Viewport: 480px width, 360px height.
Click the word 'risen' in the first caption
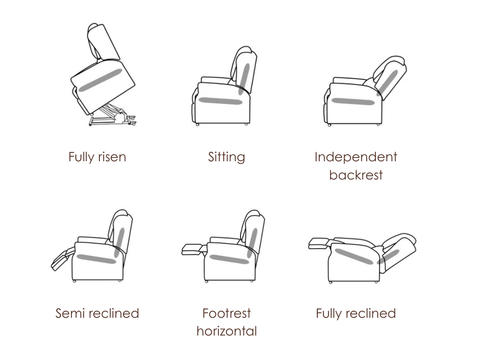coord(112,157)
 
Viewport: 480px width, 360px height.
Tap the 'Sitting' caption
coord(227,157)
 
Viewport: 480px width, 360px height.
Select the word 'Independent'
coord(356,157)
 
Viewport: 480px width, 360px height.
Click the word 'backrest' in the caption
coord(356,175)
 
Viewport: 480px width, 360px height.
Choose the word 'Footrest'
coord(227,313)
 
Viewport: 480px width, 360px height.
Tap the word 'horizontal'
coord(227,331)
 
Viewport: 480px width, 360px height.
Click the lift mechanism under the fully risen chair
coord(112,115)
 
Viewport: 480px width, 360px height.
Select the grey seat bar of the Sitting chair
coord(220,101)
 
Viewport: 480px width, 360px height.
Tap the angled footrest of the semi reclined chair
coord(63,259)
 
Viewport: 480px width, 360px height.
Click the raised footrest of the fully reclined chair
coord(320,243)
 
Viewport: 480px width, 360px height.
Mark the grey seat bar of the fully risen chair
coord(100,80)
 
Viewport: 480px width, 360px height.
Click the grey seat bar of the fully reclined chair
coord(354,256)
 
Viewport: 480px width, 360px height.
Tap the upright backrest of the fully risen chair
coord(103,42)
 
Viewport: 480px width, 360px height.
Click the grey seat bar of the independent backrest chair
coord(353,101)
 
